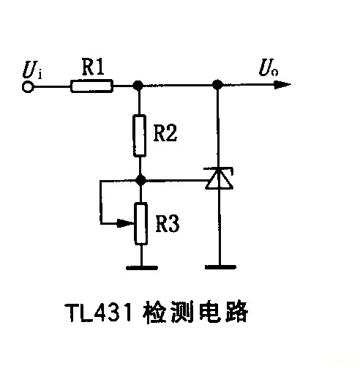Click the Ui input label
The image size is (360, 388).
point(32,72)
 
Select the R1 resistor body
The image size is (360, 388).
point(92,86)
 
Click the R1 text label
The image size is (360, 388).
point(93,68)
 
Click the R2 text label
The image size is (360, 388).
point(167,133)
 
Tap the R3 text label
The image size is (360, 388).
point(168,223)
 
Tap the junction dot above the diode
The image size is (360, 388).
point(217,86)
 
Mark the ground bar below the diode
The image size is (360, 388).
point(217,267)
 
